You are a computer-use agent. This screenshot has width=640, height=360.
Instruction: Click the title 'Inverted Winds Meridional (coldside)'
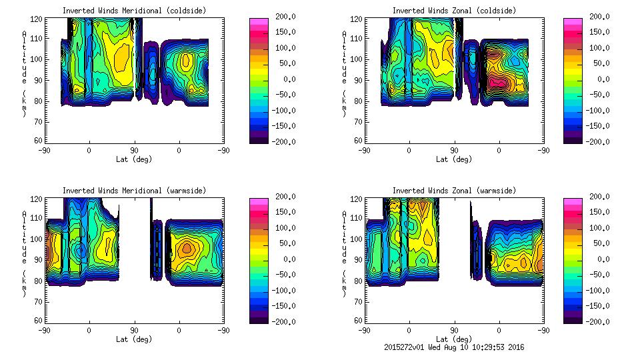[x=133, y=11]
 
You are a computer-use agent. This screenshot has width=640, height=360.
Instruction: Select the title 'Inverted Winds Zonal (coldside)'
[x=454, y=11]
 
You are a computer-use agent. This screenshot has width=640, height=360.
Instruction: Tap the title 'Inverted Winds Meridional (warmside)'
[x=135, y=191]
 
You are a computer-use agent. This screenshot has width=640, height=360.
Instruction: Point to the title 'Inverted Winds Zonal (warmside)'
[x=454, y=191]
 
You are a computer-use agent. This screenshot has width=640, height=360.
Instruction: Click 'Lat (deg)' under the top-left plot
[x=133, y=159]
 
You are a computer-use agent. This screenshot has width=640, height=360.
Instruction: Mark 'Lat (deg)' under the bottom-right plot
[x=454, y=339]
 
